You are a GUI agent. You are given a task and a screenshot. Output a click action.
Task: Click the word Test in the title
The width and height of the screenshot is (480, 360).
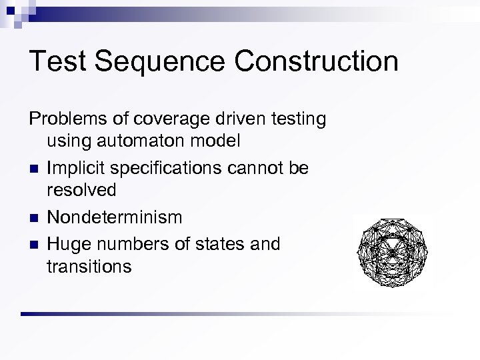point(58,61)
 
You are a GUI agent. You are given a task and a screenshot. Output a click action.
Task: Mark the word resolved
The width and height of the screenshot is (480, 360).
point(81,190)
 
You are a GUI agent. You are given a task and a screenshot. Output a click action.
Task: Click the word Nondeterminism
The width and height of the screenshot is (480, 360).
point(115,217)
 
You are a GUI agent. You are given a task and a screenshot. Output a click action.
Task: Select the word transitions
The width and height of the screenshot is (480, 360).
point(89,267)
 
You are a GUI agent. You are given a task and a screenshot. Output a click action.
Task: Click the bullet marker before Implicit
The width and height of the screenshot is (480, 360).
point(33,169)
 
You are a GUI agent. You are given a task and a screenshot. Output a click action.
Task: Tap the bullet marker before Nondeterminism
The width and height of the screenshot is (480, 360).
point(33,218)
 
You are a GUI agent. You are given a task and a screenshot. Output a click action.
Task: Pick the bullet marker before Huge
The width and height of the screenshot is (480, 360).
point(33,245)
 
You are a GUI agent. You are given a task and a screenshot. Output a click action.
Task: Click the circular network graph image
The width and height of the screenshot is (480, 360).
point(391,252)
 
